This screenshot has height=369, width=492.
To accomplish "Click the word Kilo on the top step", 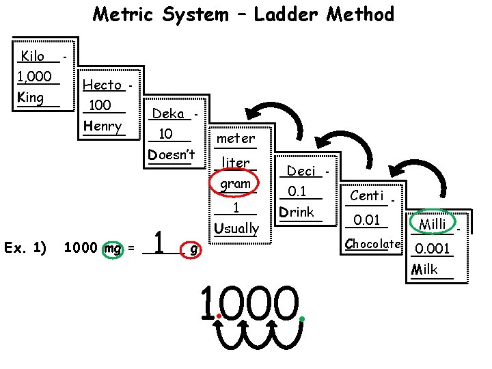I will [33, 56].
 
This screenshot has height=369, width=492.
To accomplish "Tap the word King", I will [31, 97].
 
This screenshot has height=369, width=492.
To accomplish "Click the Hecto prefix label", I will [102, 85].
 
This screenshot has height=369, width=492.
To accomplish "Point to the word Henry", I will [102, 126].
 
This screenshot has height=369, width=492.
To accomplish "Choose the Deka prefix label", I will [168, 113].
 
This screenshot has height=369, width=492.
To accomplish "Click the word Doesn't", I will [172, 154].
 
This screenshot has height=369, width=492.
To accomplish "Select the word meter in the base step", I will [235, 139].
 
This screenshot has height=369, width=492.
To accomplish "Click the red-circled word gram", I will [236, 184].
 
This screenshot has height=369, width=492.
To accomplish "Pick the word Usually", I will [236, 228].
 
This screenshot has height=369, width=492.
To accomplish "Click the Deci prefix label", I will [301, 171].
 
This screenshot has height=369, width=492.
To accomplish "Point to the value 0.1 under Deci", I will [297, 191].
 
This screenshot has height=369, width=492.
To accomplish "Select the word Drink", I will [297, 212].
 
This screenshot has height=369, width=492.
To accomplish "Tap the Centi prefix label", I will [367, 196].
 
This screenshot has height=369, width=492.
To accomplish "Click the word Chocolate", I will [372, 243].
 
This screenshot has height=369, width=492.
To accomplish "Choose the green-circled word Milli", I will [432, 224].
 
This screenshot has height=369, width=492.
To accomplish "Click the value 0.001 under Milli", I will [433, 249].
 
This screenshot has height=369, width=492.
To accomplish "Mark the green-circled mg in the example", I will [111, 249].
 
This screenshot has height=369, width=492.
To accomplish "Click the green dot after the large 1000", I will [301, 318].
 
